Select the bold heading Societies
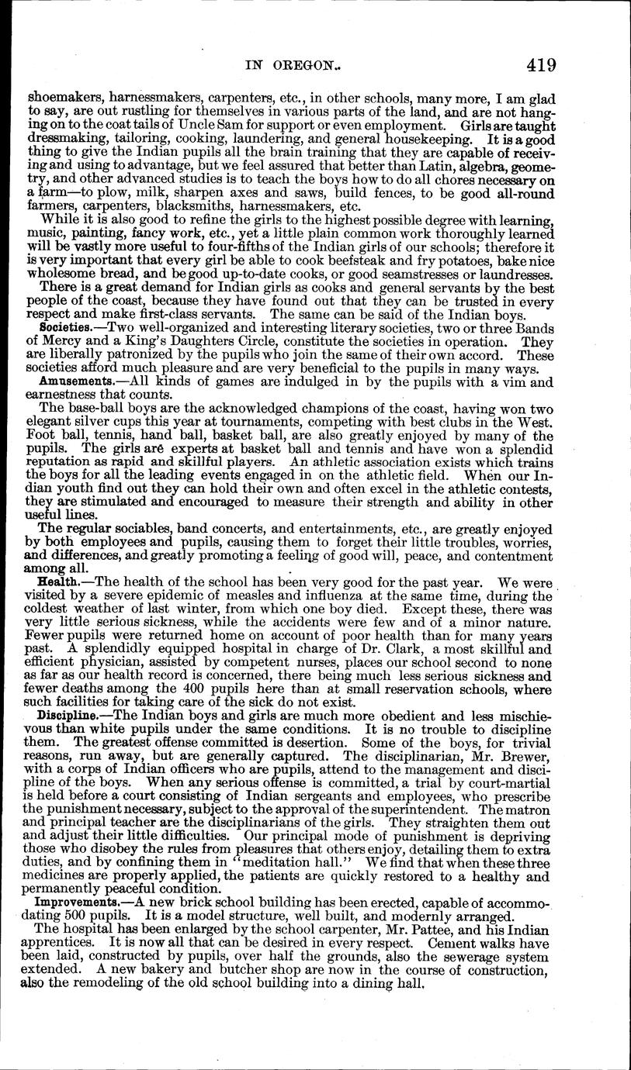tap(66, 329)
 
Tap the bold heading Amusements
tap(71, 381)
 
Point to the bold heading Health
tap(58, 581)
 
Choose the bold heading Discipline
tap(69, 714)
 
